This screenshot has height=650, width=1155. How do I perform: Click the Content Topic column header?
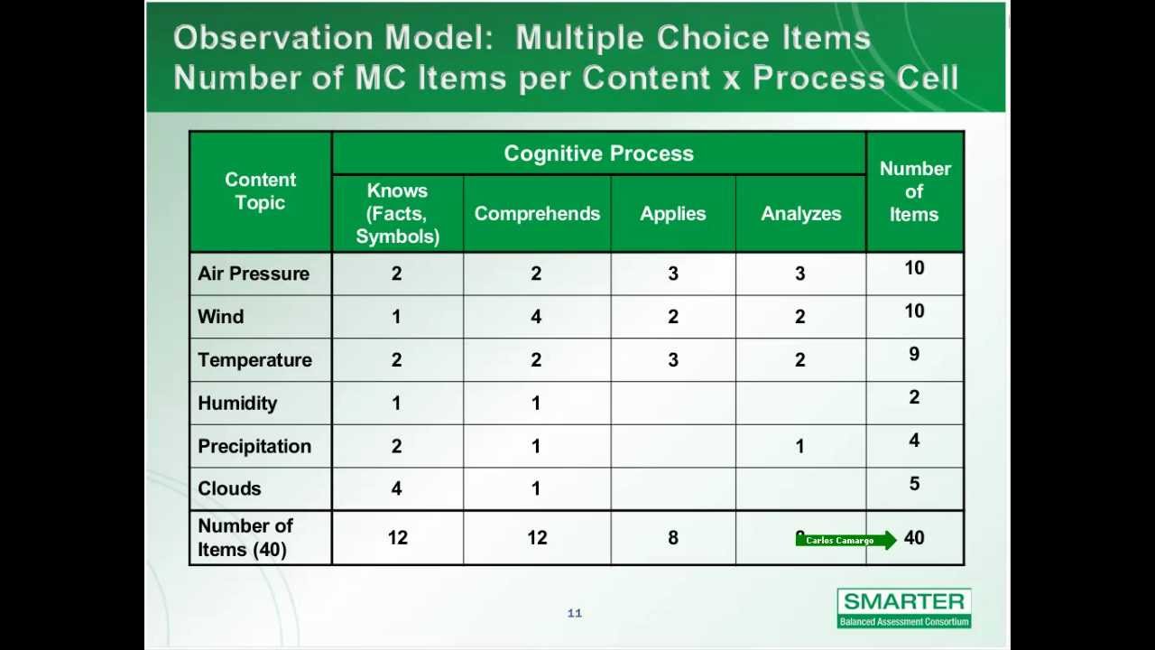coord(260,191)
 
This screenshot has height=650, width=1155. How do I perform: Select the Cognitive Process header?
coord(598,153)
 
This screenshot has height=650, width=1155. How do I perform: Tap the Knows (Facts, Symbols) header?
coord(397,214)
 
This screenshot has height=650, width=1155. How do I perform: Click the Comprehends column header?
coord(537,214)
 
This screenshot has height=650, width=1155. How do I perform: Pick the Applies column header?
coord(673,214)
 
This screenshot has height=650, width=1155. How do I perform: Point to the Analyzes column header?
coord(800,214)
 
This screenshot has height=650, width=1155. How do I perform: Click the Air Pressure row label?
coord(254,274)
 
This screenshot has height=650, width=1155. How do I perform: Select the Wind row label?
coord(221,317)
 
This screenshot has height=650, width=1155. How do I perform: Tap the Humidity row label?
coord(237,404)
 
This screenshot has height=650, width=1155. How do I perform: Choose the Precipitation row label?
coord(254,447)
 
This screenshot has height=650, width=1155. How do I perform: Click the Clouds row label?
coord(229,488)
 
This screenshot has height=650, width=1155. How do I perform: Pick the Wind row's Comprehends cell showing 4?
coord(536,317)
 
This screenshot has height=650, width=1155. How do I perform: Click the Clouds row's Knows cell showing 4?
coord(396,488)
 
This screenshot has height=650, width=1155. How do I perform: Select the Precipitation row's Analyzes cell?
coord(799,447)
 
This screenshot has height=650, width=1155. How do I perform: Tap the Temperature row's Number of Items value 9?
coord(914,355)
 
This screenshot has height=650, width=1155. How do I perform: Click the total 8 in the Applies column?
coord(673,538)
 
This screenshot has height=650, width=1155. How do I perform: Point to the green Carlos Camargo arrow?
coord(845,541)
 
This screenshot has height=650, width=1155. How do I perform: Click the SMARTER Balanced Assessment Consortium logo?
coord(904,608)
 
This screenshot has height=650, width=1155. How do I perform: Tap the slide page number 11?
coord(575,614)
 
